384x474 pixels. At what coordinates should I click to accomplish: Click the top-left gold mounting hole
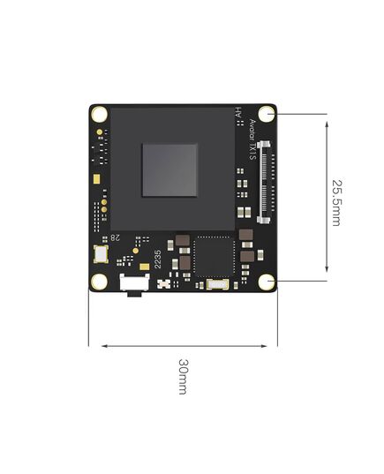point(99,114)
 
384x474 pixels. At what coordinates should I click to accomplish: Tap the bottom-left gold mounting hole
point(99,282)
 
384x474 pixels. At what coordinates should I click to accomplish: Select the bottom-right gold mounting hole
point(267,282)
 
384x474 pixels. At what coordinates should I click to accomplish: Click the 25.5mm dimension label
point(336,202)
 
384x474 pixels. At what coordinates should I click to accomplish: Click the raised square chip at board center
point(169,170)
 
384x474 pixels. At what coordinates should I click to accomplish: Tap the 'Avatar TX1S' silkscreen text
point(252,139)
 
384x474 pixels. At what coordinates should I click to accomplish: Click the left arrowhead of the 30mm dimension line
point(104,345)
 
